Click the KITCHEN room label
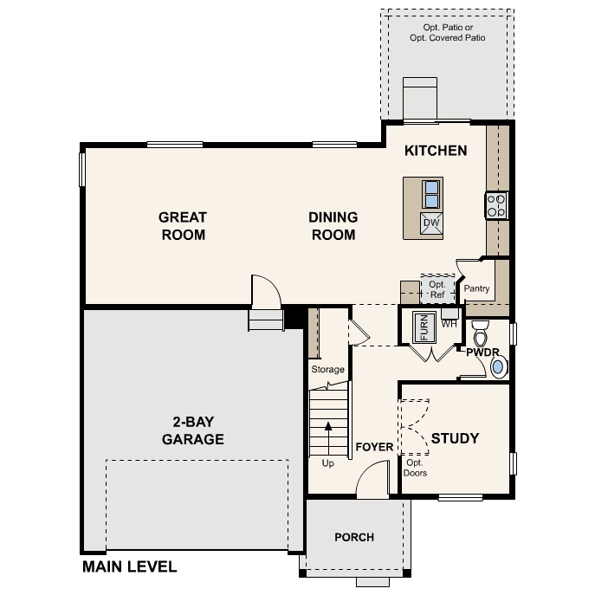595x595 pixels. tap(436, 151)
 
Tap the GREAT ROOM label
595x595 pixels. tap(183, 225)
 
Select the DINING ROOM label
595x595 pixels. tap(333, 225)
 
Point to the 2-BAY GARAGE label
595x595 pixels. tap(192, 430)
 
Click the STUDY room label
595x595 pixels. tap(455, 438)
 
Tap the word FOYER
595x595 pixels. tap(374, 447)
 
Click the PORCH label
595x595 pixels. tap(354, 537)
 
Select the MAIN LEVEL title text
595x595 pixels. tap(129, 567)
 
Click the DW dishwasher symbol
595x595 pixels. tap(431, 223)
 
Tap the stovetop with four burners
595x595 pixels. tap(496, 205)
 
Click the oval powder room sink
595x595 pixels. tap(498, 367)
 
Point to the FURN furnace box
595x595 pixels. tap(424, 326)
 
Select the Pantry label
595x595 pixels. tap(476, 288)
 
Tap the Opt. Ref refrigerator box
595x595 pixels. tap(437, 288)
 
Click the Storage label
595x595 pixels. tap(327, 370)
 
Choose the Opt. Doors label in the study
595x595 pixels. tap(416, 468)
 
